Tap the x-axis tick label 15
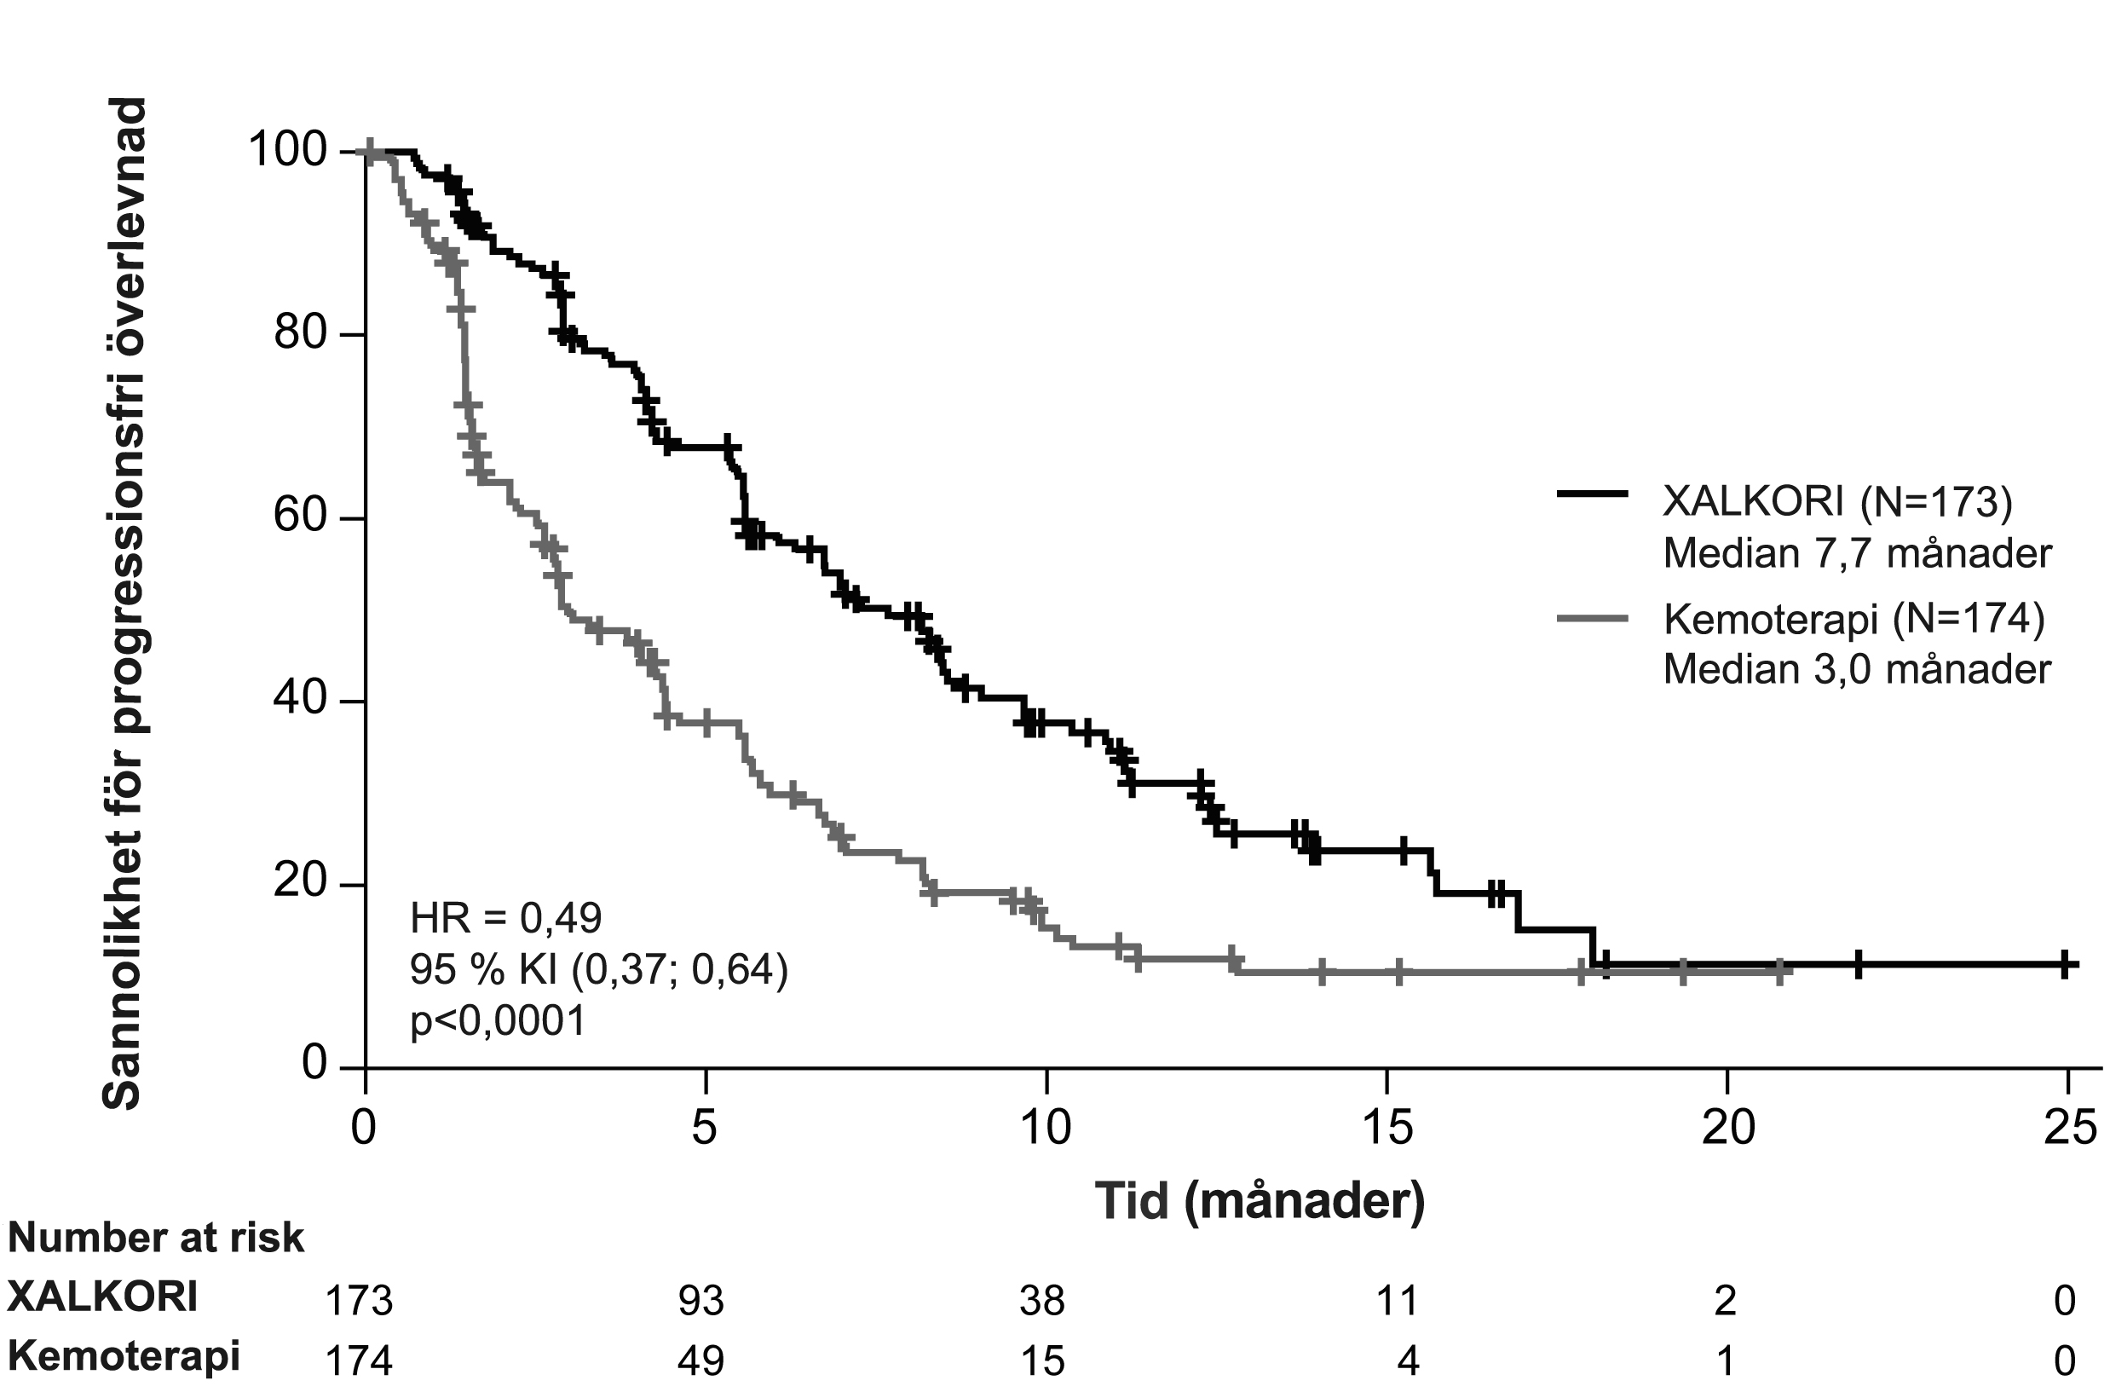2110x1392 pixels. (1386, 1127)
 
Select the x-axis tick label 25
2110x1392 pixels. (2067, 1127)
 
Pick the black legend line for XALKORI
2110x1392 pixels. (1593, 494)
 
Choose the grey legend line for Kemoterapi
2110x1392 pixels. (1593, 619)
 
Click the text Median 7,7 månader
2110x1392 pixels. (1857, 553)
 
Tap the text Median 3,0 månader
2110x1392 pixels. (1857, 668)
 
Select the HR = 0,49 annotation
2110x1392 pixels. (505, 918)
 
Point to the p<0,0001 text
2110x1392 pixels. (498, 1021)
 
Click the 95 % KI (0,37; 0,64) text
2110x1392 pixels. (599, 969)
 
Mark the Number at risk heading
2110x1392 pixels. (156, 1238)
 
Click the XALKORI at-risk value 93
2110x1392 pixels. (702, 1301)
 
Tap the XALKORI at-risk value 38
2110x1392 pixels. (1042, 1301)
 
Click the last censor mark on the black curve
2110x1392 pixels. (2067, 963)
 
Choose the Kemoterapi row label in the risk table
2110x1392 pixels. (124, 1356)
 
